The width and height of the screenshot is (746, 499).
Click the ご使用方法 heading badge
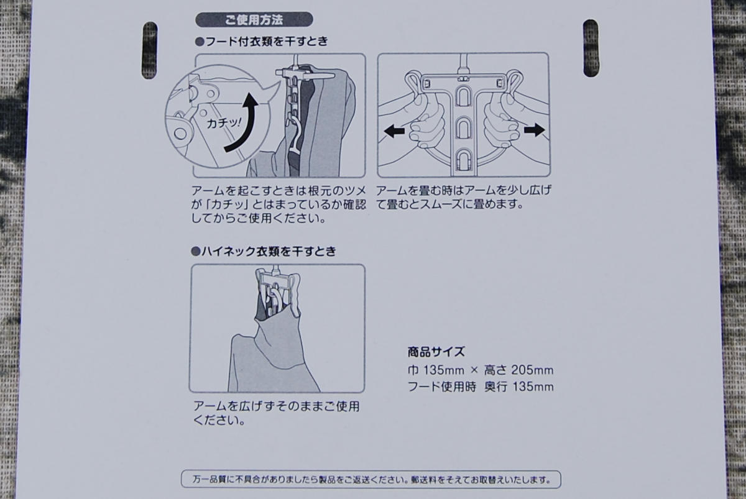[x=254, y=20]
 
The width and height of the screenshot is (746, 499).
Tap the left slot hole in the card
[x=150, y=50]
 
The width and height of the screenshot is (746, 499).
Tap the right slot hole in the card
[x=591, y=48]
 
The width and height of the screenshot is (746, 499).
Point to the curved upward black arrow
[x=242, y=122]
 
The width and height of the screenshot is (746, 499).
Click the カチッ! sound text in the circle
[x=223, y=123]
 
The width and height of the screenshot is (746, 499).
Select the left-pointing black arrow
[x=394, y=131]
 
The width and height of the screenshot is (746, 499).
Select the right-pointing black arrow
[x=535, y=130]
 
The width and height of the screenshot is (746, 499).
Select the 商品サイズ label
[x=436, y=352]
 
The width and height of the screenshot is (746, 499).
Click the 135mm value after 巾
[x=444, y=370]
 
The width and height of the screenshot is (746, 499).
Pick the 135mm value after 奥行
[x=533, y=387]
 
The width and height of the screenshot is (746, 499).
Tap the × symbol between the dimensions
[x=474, y=370]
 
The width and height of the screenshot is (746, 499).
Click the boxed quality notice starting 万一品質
[x=371, y=480]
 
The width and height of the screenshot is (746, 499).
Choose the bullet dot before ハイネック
[x=195, y=252]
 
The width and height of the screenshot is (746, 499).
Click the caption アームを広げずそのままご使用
[x=276, y=406]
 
